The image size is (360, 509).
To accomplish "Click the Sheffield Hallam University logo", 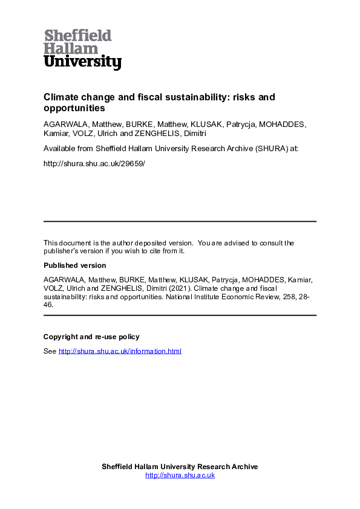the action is pyautogui.click(x=82, y=49).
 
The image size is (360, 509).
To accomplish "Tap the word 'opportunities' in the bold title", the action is pyautogui.click(x=74, y=109).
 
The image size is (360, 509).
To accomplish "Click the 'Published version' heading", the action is pyautogui.click(x=74, y=265).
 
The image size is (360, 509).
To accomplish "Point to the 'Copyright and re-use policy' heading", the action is pyautogui.click(x=91, y=337).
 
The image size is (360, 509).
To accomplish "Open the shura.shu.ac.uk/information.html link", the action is pyautogui.click(x=120, y=351).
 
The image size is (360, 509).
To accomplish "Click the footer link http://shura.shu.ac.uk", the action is pyautogui.click(x=180, y=475).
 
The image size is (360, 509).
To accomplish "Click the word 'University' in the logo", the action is pyautogui.click(x=82, y=62).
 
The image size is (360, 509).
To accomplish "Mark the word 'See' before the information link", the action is pyautogui.click(x=50, y=351).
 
